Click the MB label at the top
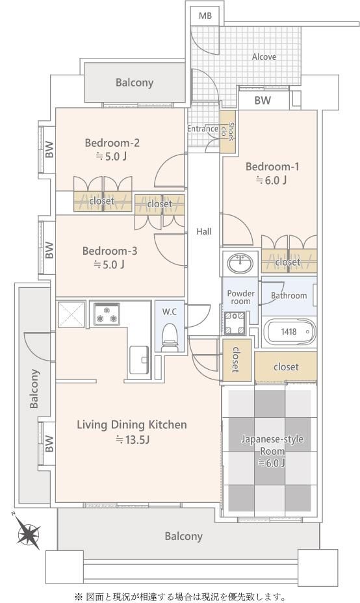point(205,16)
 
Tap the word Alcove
point(264,57)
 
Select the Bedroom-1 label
point(272,166)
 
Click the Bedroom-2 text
point(112,143)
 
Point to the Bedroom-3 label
point(110,251)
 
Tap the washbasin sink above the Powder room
point(240,264)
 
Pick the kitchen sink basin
point(139,360)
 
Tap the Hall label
point(204,231)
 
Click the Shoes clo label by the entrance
point(227,131)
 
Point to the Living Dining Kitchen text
point(132,424)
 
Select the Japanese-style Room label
point(272,444)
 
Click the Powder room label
point(241,297)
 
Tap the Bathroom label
point(289,296)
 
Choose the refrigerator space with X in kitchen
point(71,314)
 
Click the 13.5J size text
point(132,439)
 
